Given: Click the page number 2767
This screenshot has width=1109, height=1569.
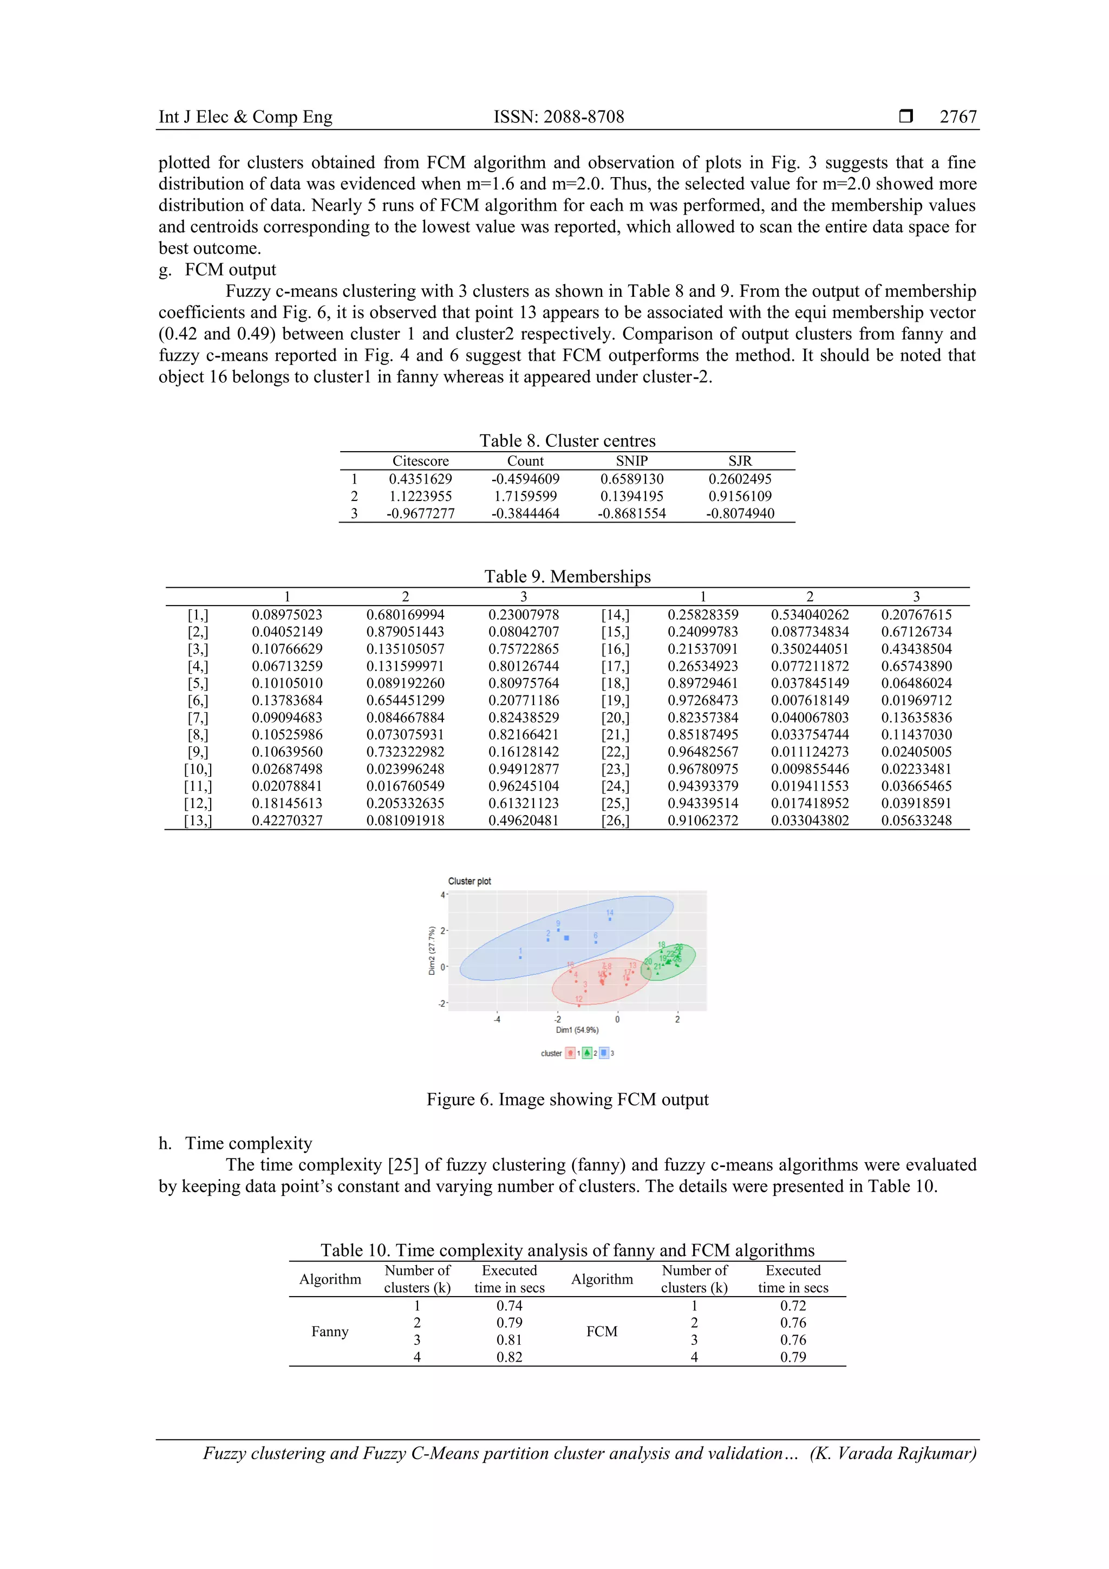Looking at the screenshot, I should (957, 117).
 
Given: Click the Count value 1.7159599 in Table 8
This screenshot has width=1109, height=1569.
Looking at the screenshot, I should (525, 496).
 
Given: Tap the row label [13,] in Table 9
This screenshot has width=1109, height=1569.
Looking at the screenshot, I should (198, 821).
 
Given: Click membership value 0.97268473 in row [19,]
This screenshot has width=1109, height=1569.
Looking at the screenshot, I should (702, 700).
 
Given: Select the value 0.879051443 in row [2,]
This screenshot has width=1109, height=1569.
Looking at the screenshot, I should (405, 632).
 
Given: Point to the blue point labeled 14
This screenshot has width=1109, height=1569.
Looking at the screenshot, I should (610, 919).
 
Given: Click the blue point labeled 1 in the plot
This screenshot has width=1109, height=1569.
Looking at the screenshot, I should (521, 958).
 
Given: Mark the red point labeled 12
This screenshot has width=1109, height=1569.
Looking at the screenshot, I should (579, 1005).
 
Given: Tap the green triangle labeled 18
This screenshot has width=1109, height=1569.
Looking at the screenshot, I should (661, 951).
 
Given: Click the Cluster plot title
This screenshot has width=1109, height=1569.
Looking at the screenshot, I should (469, 882).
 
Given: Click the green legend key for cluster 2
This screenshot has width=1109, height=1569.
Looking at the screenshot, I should (587, 1053).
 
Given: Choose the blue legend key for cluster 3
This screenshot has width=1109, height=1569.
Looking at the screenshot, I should (604, 1053).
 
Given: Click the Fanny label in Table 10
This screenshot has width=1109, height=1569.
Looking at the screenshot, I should (329, 1331).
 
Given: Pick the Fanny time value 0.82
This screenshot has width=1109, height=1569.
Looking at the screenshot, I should (509, 1357).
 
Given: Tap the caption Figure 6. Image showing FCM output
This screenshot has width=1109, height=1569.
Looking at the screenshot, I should (567, 1099).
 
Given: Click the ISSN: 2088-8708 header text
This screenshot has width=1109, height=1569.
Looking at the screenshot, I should (558, 117).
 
